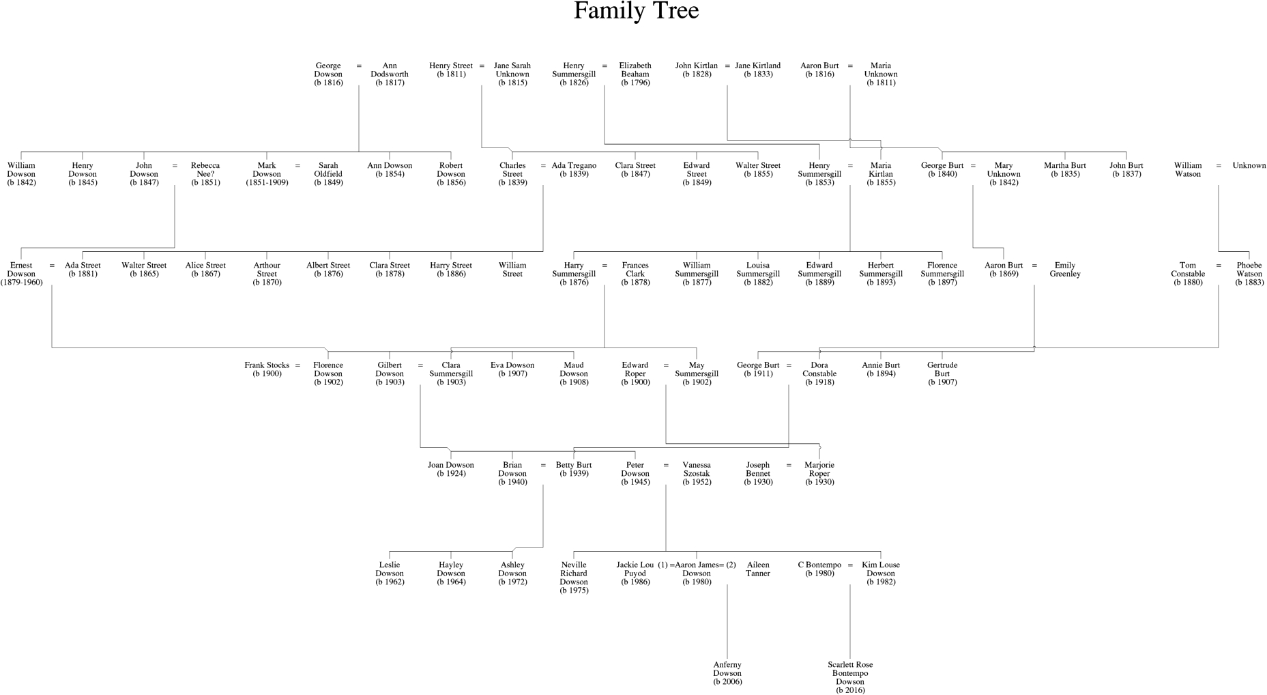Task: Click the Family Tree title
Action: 636,12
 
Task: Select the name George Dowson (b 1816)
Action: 328,74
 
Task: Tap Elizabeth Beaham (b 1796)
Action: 635,74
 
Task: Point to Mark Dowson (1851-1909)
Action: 267,174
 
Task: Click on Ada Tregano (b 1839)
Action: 574,169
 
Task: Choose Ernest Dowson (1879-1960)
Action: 21,274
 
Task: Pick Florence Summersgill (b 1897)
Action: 942,274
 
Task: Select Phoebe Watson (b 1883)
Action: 1249,274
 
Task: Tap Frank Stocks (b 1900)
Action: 267,369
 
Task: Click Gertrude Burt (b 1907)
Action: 942,373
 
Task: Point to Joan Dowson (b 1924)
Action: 451,469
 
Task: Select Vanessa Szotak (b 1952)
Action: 697,473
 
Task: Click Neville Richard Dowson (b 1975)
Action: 574,578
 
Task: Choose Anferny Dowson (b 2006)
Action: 727,673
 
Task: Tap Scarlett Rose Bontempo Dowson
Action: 850,677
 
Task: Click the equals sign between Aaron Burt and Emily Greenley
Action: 1034,266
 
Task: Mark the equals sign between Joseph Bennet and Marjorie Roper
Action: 789,466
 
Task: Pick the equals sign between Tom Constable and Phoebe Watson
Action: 1219,266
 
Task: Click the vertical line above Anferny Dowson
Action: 727,621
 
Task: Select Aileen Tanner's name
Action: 758,569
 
